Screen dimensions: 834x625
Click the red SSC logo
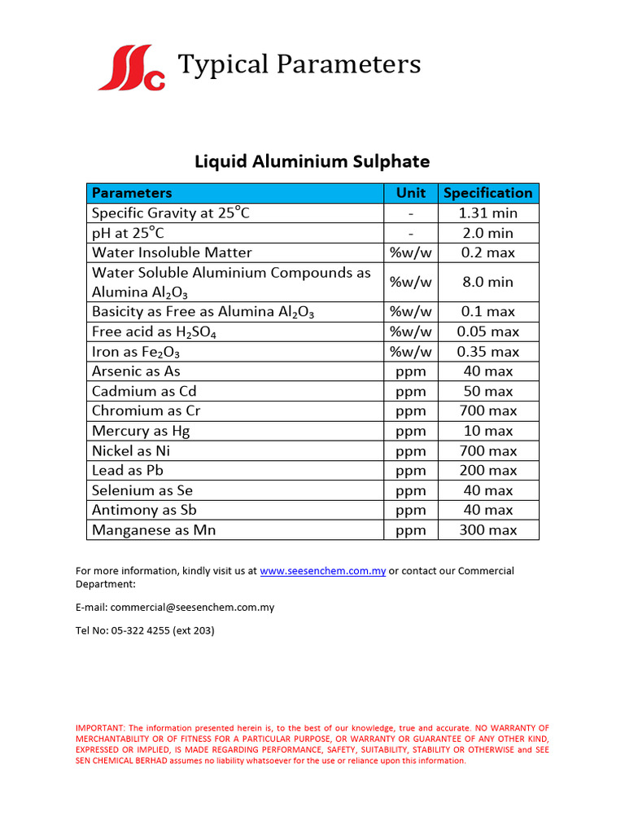click(x=131, y=68)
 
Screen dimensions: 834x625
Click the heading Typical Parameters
click(x=299, y=64)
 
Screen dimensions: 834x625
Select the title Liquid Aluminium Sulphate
click(x=312, y=161)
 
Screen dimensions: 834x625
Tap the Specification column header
click(x=487, y=193)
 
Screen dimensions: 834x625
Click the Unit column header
click(x=410, y=193)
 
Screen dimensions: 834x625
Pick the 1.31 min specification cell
click(x=487, y=213)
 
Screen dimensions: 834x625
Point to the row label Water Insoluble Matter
click(x=172, y=252)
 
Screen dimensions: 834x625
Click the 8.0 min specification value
click(x=487, y=282)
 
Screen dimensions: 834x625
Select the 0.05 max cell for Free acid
click(x=487, y=331)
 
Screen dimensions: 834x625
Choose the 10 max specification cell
click(x=487, y=431)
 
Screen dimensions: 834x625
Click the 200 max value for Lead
click(x=487, y=470)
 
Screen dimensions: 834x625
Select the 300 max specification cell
click(x=487, y=530)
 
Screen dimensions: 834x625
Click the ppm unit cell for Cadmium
click(x=410, y=391)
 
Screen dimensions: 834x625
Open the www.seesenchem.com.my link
click(x=322, y=571)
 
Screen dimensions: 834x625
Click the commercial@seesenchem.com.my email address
click(x=192, y=607)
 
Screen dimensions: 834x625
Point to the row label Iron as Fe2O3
click(x=136, y=352)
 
